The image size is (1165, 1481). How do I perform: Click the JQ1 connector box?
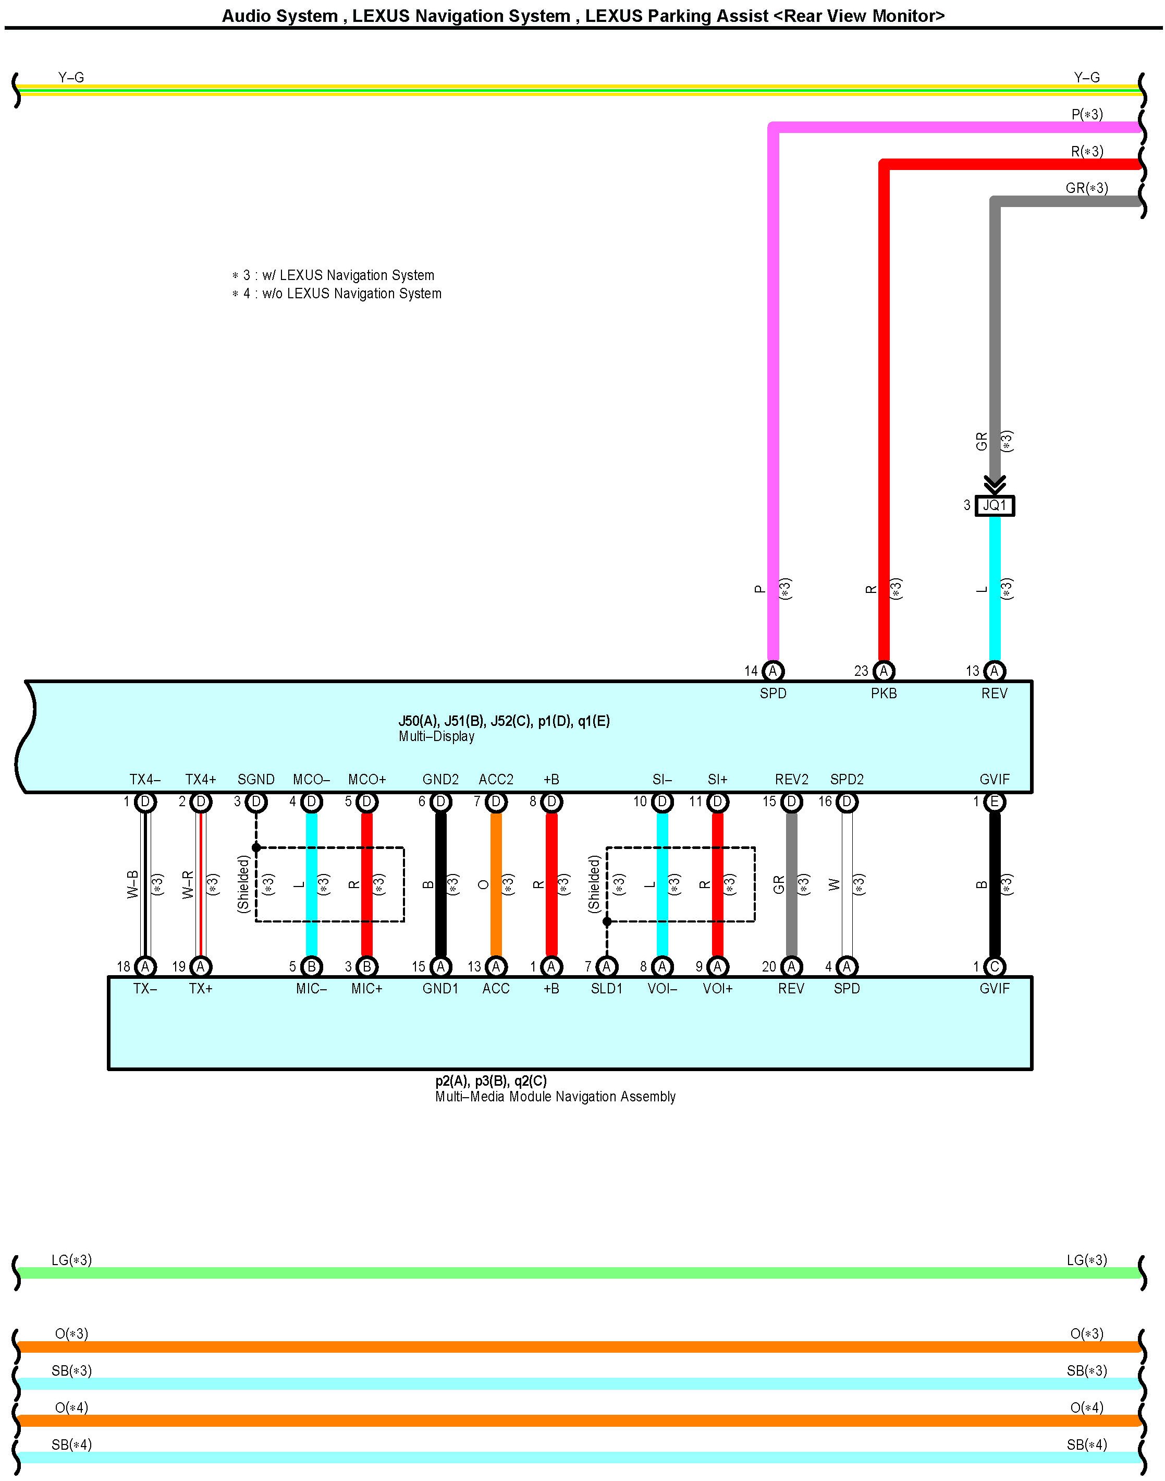995,506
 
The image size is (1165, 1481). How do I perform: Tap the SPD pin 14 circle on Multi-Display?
773,671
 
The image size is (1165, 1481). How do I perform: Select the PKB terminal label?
884,694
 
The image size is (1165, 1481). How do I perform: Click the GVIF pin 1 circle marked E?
995,802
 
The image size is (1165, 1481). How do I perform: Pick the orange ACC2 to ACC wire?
496,884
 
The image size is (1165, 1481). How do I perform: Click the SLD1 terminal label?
606,988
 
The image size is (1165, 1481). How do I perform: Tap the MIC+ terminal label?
367,988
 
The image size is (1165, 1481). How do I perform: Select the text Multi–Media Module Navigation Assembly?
555,1096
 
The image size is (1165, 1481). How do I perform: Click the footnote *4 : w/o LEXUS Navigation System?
337,294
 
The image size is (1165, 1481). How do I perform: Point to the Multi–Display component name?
436,736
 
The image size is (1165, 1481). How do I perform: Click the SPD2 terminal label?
847,780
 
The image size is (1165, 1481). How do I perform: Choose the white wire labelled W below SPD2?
847,884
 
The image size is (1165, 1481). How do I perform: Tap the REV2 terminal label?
791,780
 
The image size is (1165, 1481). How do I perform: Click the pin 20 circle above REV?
791,966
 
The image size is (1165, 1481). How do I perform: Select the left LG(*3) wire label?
71,1260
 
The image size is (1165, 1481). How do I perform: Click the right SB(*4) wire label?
1087,1445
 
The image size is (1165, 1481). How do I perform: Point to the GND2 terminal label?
440,780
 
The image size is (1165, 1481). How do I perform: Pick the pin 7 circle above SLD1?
606,966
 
